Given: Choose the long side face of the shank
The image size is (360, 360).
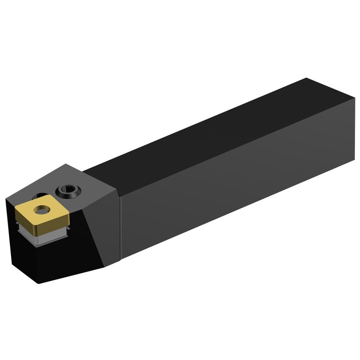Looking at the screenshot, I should pyautogui.click(x=236, y=190).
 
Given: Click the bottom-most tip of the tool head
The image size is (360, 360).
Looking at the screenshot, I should pyautogui.click(x=39, y=283).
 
